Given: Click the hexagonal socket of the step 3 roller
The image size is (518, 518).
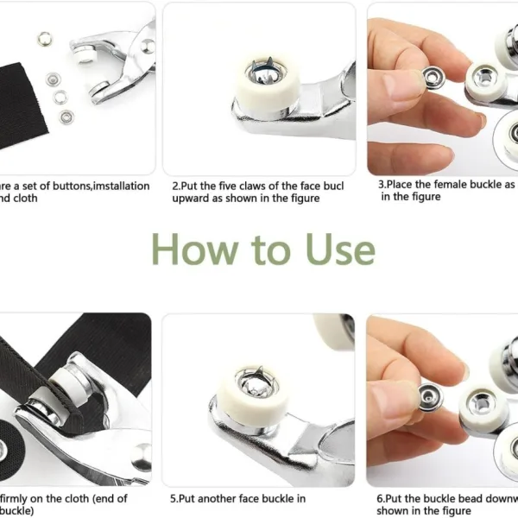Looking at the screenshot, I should (x=484, y=84).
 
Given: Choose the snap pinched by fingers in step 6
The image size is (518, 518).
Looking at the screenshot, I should (x=428, y=395).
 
